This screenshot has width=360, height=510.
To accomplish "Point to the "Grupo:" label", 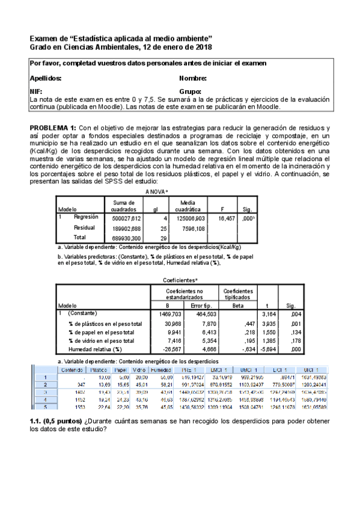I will tap(191, 92).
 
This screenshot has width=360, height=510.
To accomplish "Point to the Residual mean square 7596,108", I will tap(194, 229).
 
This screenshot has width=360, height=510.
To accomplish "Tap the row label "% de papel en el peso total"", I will tap(101, 331).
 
